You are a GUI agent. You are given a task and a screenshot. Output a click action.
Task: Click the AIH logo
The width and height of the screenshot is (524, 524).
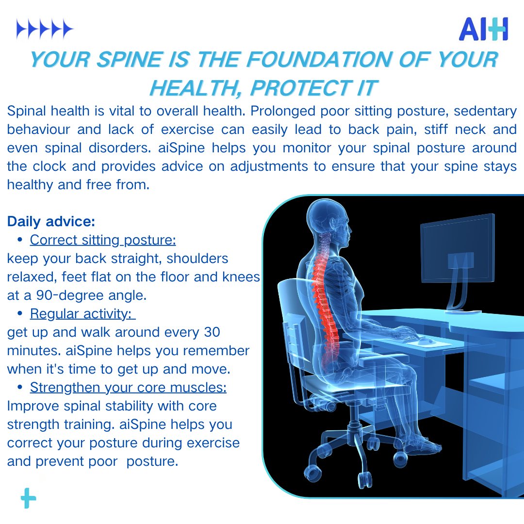coord(483,29)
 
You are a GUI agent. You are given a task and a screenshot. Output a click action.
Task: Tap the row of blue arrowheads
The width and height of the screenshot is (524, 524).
coord(45,29)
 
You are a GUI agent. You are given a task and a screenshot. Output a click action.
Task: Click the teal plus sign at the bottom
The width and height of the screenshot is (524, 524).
coord(29,498)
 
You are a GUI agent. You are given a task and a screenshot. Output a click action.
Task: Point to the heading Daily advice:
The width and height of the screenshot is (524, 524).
coord(51,221)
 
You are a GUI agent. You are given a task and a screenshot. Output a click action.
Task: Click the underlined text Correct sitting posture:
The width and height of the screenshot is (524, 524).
coord(103,240)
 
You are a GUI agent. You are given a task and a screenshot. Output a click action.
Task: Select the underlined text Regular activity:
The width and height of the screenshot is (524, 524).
coord(82,314)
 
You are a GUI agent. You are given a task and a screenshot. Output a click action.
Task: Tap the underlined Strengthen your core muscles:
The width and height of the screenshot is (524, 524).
coord(128,388)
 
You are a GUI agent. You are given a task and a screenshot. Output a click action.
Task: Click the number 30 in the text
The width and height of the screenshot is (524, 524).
coord(212,332)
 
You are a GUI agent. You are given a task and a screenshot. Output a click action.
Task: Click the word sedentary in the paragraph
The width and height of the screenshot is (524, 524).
coord(485,111)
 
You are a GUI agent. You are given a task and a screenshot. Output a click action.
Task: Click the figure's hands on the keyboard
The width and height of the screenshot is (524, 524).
coord(404,332)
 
